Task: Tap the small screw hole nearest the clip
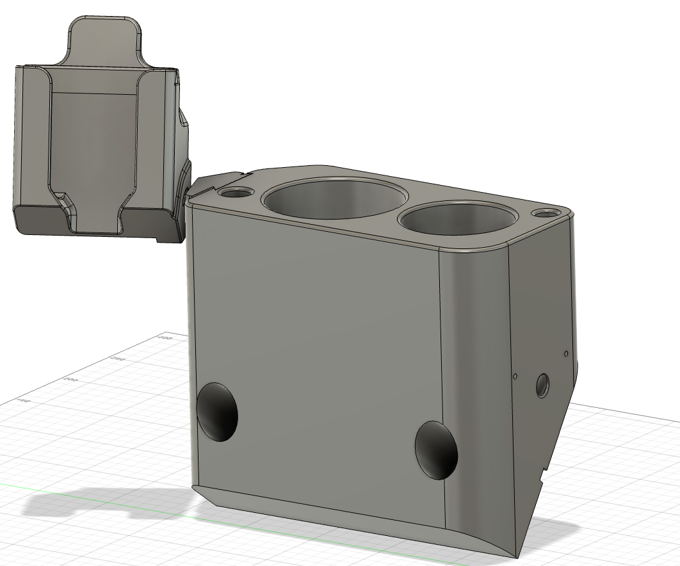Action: point(235,191)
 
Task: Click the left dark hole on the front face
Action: point(217,412)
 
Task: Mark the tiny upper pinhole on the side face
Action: point(566,353)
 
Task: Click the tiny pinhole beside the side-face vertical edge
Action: point(515,376)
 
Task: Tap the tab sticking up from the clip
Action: point(103,38)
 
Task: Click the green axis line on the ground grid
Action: point(96,496)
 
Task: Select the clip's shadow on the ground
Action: point(96,503)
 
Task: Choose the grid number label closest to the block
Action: point(165,337)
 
